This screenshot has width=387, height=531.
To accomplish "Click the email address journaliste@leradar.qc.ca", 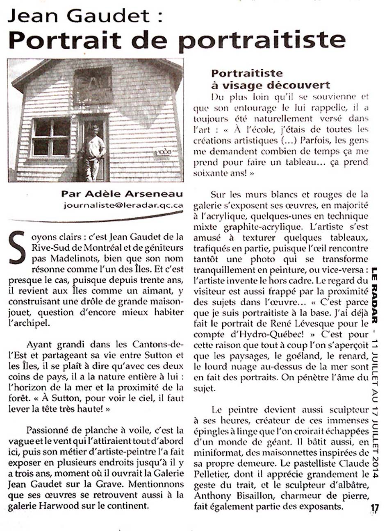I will [x=123, y=205].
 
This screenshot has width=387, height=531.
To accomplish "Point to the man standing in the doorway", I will [x=94, y=152].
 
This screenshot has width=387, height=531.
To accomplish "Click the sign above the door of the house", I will [x=93, y=85].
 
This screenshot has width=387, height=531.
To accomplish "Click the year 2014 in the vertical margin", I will [x=374, y=466].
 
